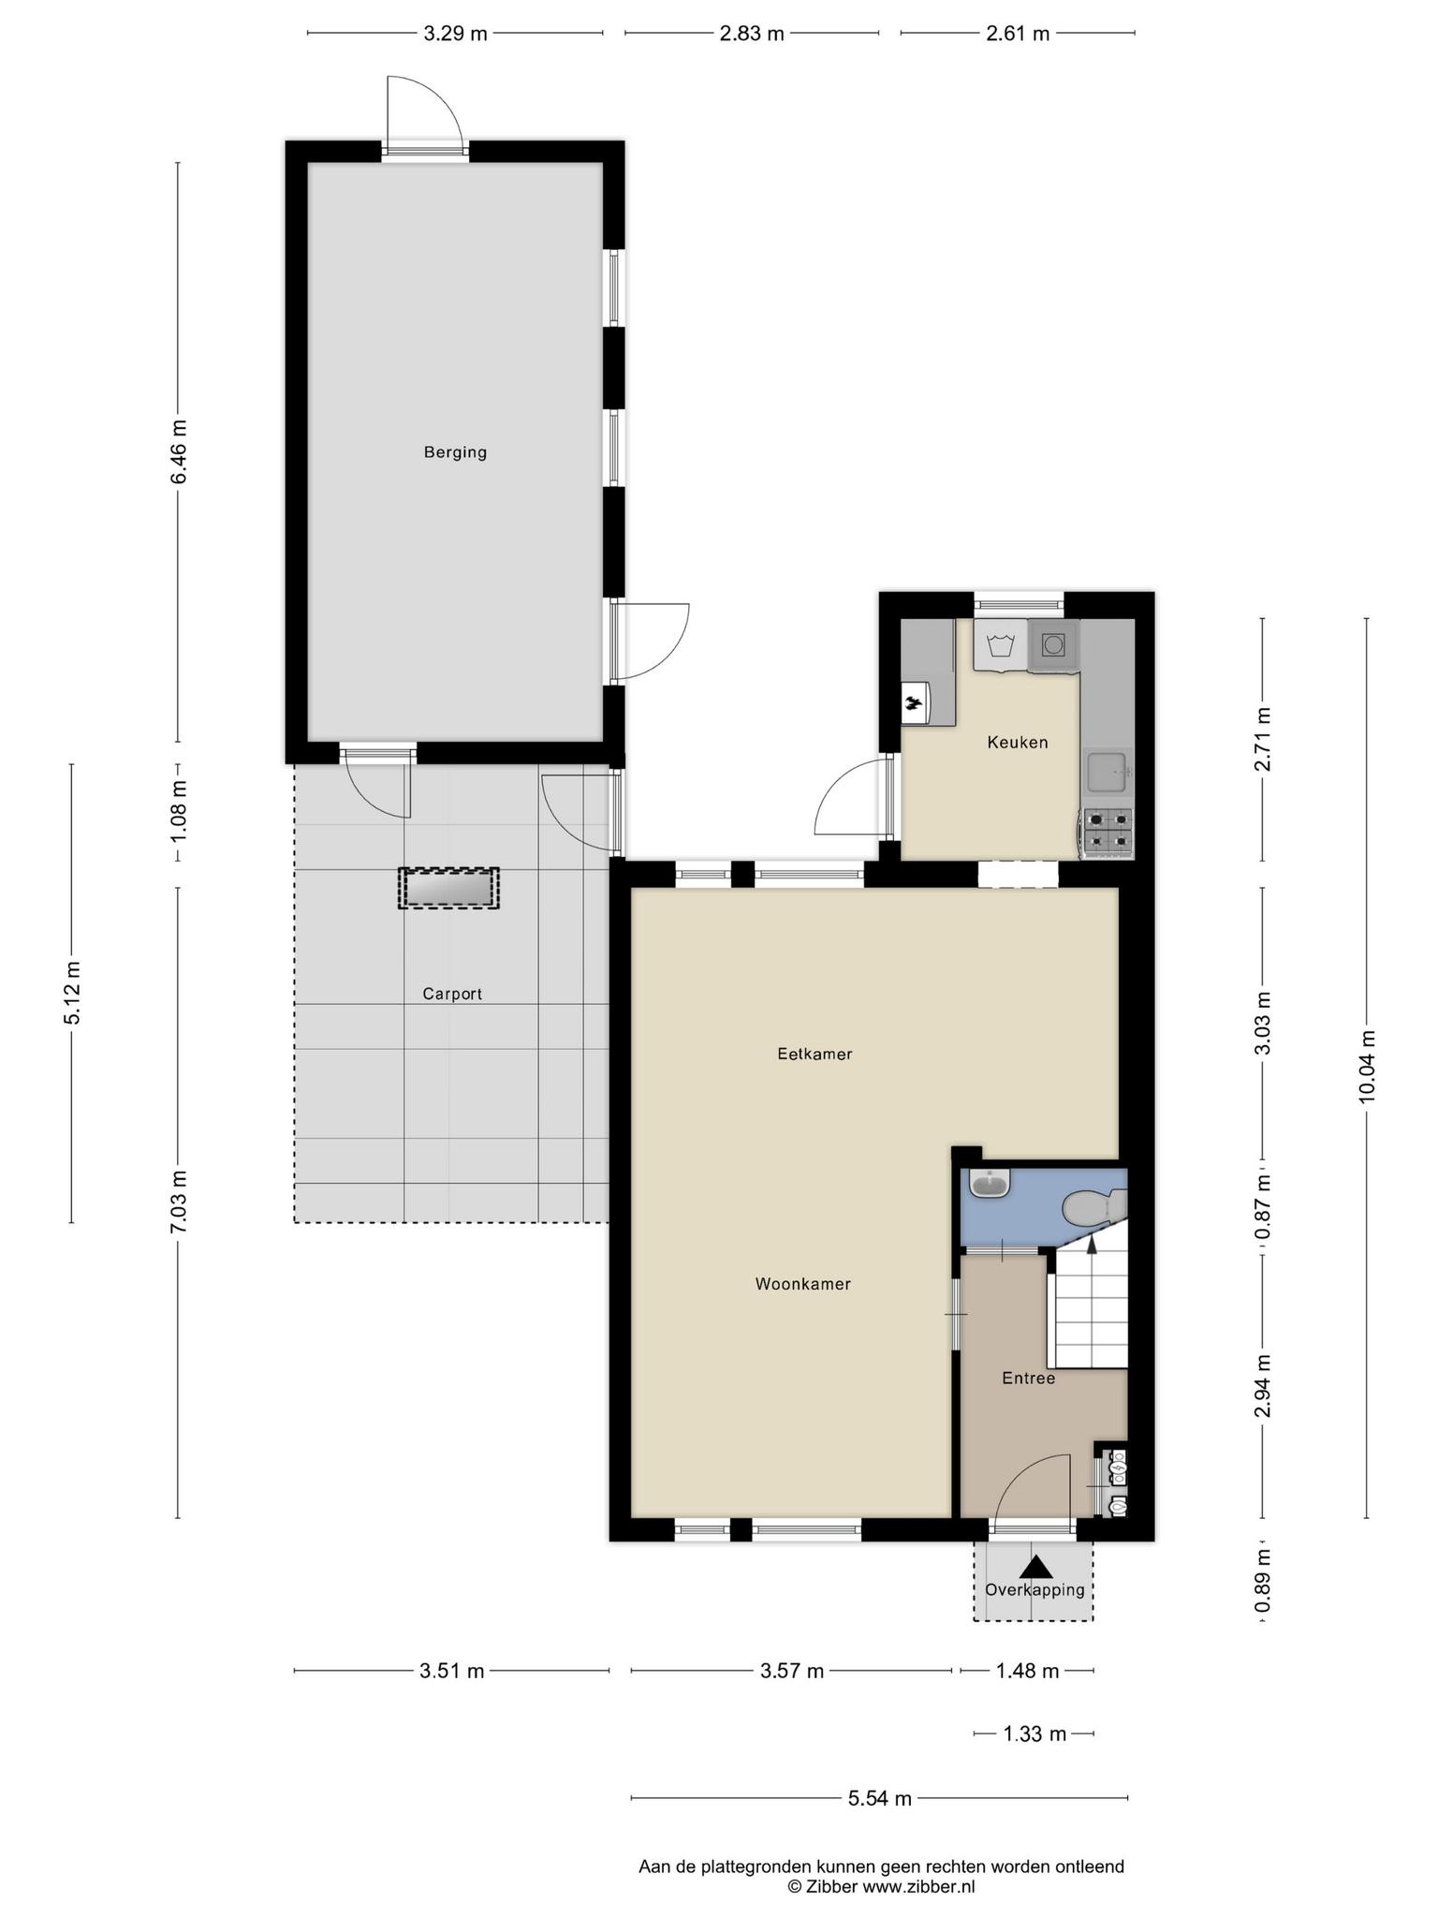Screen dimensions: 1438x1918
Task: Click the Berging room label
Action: [x=455, y=452]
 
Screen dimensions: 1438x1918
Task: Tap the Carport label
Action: [x=452, y=994]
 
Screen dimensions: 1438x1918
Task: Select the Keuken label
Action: [x=1018, y=743]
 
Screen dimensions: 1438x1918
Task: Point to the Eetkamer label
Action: [x=814, y=1054]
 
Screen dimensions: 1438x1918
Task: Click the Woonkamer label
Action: [x=803, y=1284]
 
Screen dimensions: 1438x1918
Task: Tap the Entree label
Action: [x=1028, y=1378]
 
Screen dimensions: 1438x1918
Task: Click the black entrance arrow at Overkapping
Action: [x=1034, y=1566]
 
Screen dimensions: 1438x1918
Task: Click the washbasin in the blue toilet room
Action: [x=990, y=1184]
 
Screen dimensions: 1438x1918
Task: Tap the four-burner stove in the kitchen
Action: [x=1108, y=834]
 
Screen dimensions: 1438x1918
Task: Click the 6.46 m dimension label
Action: [x=178, y=451]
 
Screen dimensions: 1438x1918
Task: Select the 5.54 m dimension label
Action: [x=879, y=1797]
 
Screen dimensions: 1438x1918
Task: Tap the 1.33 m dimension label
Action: [x=1034, y=1734]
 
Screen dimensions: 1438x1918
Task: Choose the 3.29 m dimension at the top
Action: [x=455, y=34]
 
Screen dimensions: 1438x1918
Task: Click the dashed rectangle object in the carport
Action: [x=448, y=888]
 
